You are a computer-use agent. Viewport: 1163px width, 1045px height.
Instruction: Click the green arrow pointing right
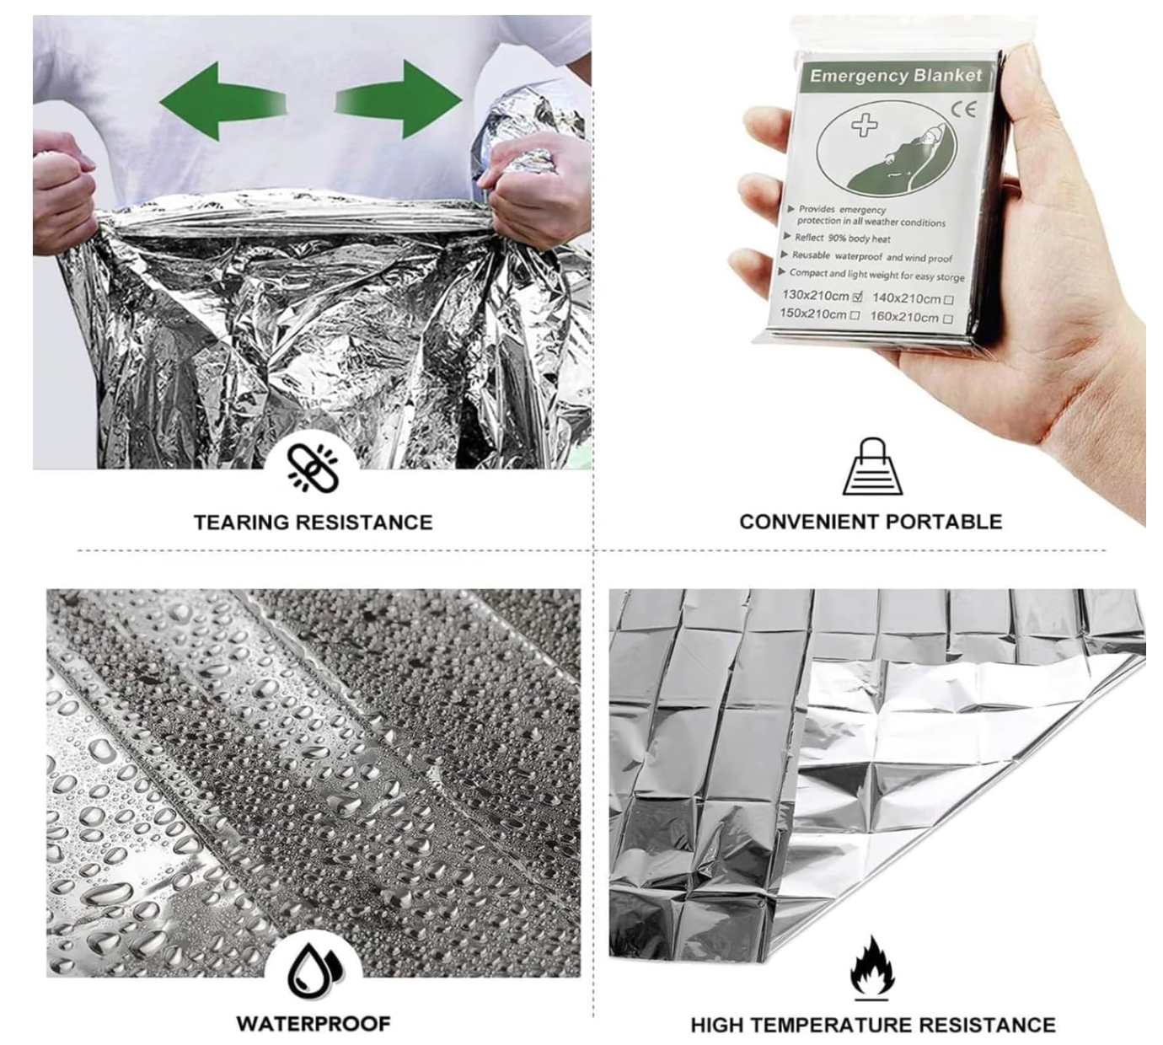[x=399, y=99]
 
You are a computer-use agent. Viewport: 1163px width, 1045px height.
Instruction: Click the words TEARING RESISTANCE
[x=314, y=522]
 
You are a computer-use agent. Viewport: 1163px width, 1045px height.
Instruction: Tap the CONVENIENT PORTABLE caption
[x=871, y=522]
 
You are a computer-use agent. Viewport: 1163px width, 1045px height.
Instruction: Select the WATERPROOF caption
[x=314, y=1023]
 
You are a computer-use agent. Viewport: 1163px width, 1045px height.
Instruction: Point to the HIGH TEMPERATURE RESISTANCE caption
[x=872, y=1024]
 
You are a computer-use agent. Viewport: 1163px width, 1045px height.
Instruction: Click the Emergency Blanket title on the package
[x=896, y=76]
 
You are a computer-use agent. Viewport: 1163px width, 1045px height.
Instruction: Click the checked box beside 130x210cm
[x=858, y=297]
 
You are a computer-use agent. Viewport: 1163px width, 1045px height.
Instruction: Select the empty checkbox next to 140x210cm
[x=949, y=299]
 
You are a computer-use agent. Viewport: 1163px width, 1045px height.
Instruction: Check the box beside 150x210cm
[x=855, y=315]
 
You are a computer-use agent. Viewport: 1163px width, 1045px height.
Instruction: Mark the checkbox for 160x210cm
[x=948, y=318]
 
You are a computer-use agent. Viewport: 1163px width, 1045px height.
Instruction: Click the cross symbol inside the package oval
[x=864, y=125]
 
